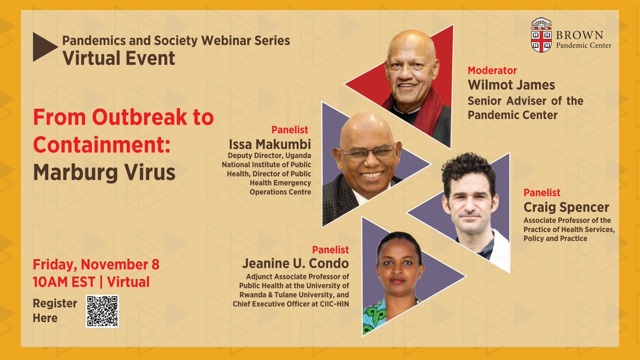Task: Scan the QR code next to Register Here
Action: [x=102, y=311]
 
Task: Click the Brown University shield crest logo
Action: [x=541, y=36]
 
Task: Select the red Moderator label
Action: [x=492, y=70]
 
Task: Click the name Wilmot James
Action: [x=511, y=85]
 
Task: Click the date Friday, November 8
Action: [x=96, y=265]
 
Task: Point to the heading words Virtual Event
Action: [x=118, y=58]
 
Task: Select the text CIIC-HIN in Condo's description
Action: [x=332, y=304]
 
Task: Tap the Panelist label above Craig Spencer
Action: [x=542, y=192]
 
